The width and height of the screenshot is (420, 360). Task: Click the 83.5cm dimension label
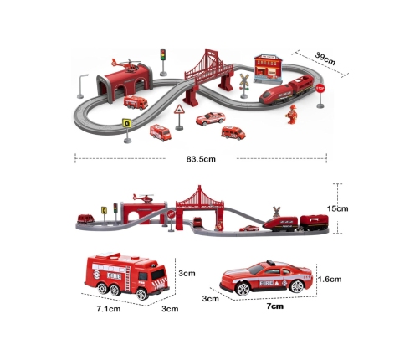point(201,159)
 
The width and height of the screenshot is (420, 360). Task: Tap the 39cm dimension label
point(325,59)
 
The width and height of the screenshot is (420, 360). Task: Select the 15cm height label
point(337,208)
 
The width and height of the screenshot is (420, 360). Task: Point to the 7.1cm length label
point(109,309)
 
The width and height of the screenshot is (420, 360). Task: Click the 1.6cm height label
point(330,279)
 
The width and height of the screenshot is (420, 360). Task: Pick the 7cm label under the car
point(275,306)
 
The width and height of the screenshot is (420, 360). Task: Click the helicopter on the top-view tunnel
point(125,65)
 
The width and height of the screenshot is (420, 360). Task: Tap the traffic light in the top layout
point(163,62)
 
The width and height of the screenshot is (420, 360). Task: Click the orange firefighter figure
point(292,114)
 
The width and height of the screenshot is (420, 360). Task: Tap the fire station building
point(268,69)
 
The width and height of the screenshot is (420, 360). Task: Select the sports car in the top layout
point(210,119)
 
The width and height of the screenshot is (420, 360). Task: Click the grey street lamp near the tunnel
point(82,86)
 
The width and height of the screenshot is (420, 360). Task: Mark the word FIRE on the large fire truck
point(115,276)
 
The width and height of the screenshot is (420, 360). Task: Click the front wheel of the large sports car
point(243,289)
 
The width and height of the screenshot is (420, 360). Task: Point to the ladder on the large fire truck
point(127,279)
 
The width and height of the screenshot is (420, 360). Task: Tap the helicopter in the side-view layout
point(143,198)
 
